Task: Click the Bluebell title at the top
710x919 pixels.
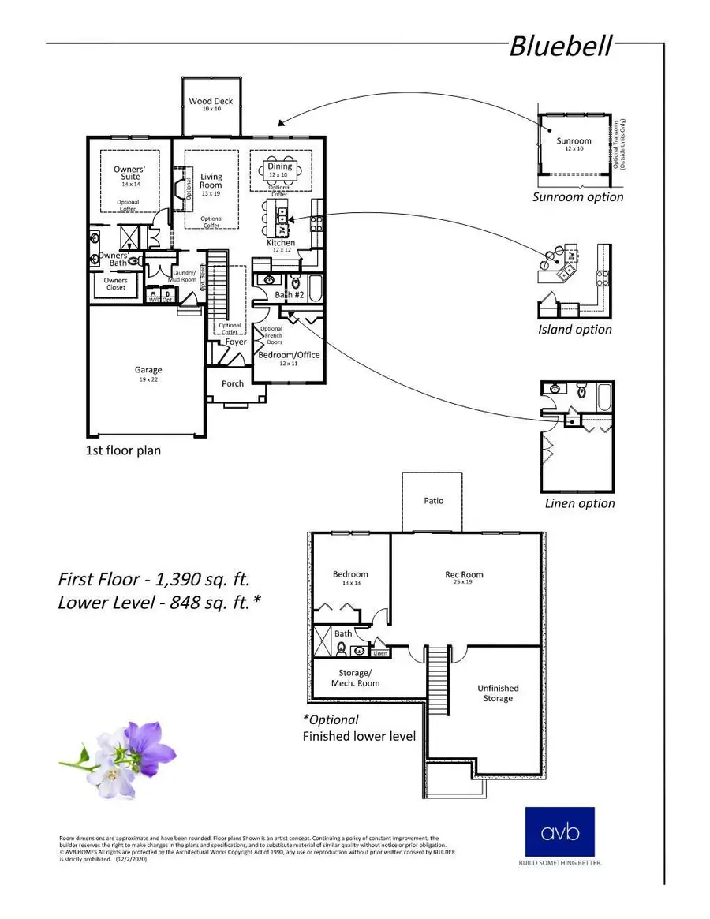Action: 559,46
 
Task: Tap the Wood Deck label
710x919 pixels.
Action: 211,102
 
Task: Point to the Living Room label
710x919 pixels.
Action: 211,181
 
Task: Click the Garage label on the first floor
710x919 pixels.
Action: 148,369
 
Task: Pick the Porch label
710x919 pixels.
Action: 233,383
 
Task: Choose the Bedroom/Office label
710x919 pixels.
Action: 290,354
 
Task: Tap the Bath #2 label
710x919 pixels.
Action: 290,295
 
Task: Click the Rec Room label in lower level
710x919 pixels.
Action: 464,574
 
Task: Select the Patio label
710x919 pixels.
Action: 433,501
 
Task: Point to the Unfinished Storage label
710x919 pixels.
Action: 498,693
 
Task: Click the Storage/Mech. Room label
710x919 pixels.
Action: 353,678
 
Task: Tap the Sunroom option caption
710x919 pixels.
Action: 577,197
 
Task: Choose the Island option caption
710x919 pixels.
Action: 574,330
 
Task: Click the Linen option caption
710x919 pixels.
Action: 580,503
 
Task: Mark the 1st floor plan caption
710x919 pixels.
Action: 123,451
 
